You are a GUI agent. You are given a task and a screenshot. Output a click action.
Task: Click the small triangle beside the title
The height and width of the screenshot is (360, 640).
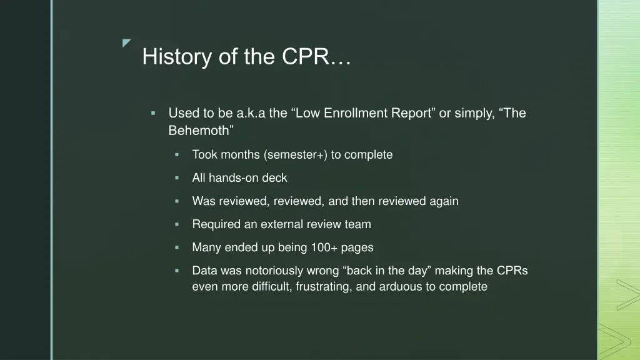point(127,42)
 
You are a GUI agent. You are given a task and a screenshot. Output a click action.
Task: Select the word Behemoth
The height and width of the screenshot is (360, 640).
point(200,131)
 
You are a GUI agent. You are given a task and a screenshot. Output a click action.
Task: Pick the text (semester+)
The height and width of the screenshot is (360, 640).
point(296,154)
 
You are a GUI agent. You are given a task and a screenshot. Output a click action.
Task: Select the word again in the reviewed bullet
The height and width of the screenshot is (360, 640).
point(444,201)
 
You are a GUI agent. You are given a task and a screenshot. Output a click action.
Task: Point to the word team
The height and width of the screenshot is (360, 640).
point(358,224)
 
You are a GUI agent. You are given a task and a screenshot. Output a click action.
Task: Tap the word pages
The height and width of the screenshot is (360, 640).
point(357,247)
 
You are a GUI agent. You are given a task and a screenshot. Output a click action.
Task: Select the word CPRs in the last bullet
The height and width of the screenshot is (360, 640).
point(512,271)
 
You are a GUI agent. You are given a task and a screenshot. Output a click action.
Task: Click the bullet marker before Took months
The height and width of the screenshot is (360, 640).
point(177,154)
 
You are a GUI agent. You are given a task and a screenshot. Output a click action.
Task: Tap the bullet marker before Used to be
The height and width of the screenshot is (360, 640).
point(153,114)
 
